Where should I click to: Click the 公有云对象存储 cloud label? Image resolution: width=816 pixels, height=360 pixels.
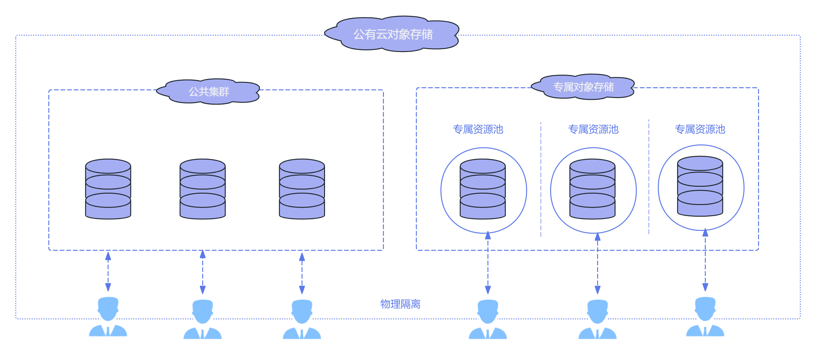393,34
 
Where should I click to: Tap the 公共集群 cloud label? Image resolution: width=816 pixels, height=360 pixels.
209,92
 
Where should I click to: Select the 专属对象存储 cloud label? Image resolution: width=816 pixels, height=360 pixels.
583,87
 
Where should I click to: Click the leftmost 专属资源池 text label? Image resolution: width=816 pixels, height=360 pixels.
478,129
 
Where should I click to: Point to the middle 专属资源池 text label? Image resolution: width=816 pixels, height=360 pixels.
593,129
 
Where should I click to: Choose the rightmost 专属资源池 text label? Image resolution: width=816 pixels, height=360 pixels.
700,129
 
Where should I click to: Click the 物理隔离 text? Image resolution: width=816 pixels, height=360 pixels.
400,304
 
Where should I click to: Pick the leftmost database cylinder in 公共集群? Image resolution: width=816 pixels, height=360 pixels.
108,189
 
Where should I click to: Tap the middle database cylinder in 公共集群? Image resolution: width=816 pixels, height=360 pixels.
203,189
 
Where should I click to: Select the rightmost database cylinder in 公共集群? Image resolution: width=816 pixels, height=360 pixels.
302,189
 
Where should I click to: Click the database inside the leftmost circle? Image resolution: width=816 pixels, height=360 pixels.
483,189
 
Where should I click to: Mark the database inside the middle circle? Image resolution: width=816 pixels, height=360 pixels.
592,189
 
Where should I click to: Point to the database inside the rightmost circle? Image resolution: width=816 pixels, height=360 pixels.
700,186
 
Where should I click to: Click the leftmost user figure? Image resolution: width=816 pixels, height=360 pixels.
108,318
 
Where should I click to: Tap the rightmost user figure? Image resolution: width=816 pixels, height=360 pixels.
705,318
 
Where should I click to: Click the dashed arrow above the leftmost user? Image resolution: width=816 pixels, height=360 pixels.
108,271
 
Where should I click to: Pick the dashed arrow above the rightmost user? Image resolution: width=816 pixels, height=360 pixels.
705,260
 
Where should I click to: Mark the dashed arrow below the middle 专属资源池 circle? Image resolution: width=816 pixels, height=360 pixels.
597,263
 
